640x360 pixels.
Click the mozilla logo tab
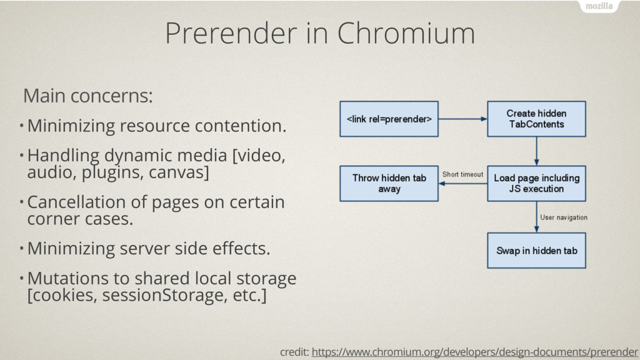tap(599, 6)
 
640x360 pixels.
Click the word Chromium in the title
tap(406, 33)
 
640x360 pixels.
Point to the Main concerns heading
tap(87, 96)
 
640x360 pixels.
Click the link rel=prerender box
tap(389, 119)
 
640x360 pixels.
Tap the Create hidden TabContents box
tap(536, 119)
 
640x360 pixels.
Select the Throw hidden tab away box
tap(389, 183)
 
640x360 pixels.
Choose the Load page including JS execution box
tap(536, 183)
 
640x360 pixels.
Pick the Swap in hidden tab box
tap(536, 251)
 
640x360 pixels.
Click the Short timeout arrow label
tap(463, 174)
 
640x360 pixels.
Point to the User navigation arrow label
tap(564, 217)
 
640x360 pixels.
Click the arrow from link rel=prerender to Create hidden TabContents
tap(463, 119)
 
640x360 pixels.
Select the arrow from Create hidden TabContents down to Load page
tap(536, 151)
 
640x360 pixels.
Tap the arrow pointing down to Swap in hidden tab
tap(536, 217)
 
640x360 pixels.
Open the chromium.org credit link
tap(475, 352)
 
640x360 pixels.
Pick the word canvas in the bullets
tap(179, 172)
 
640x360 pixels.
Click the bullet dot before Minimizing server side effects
tap(21, 247)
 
